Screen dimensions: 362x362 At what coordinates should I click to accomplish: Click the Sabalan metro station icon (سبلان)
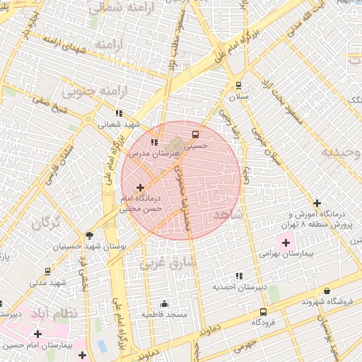[x=238, y=83]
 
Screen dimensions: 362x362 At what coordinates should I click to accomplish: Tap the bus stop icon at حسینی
[x=195, y=134]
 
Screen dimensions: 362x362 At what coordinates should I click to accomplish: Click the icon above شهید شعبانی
[x=119, y=112]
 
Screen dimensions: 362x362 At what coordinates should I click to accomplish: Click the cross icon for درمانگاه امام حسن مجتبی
[x=140, y=188]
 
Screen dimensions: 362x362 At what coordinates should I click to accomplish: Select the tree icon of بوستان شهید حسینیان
[x=89, y=235]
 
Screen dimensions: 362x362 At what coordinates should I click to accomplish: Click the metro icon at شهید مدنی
[x=47, y=271]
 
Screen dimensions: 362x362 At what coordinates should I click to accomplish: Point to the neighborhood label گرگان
[x=45, y=223]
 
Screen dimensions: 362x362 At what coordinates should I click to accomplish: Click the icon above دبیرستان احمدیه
[x=239, y=276]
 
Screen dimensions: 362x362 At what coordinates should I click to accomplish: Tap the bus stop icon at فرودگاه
[x=263, y=311]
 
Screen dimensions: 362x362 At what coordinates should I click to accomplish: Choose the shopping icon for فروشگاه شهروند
[x=327, y=291]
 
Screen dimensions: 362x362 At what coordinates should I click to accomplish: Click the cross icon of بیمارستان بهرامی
[x=286, y=243]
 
